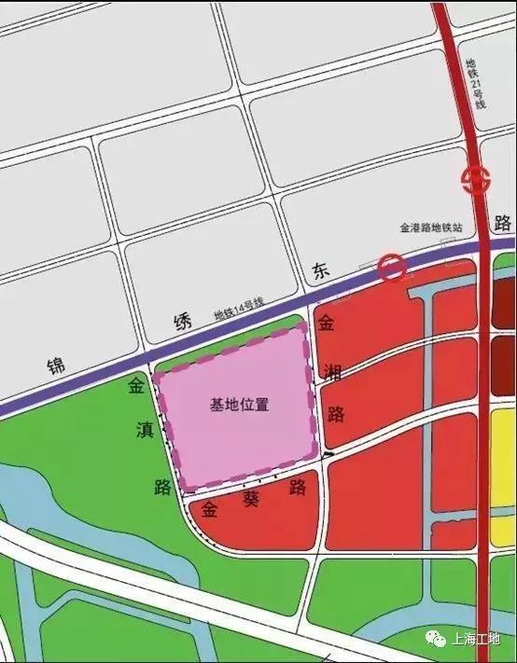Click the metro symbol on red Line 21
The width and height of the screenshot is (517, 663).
pos(476,179)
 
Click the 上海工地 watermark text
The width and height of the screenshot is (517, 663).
pos(475,639)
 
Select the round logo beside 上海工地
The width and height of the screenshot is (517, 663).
pos(437,639)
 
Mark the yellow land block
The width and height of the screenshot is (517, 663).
pos(504,457)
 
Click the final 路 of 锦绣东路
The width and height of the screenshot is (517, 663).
pos(504,223)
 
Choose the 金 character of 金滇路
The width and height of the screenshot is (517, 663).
pos(137,384)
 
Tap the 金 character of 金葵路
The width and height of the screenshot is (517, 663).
pos(210,509)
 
